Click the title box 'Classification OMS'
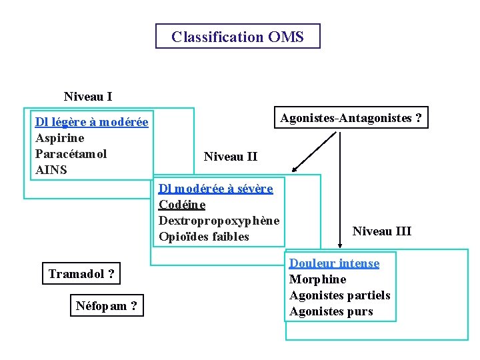click(x=237, y=37)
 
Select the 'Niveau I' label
click(x=88, y=97)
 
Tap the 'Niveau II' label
click(x=231, y=157)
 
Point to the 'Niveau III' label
click(x=382, y=231)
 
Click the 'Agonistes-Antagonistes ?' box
click(x=351, y=118)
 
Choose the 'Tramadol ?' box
click(x=81, y=273)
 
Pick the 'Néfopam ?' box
click(x=107, y=306)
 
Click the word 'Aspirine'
click(x=60, y=138)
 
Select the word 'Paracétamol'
click(x=71, y=154)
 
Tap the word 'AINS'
click(x=51, y=170)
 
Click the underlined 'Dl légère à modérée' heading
click(x=92, y=122)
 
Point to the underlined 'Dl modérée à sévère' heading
click(x=216, y=189)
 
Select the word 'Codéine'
click(x=182, y=205)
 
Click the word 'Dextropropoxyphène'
click(x=219, y=221)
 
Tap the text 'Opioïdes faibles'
click(x=204, y=237)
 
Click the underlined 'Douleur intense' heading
click(x=334, y=263)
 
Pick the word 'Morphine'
click(x=318, y=279)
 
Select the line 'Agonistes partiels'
click(x=340, y=295)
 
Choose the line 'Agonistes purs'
click(x=331, y=311)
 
